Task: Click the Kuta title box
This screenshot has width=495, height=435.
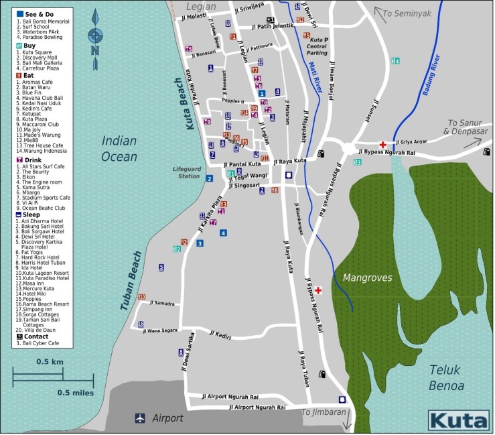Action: coord(458,420)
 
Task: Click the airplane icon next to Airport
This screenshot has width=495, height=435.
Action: coord(140,418)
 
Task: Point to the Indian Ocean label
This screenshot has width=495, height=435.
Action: coord(119,149)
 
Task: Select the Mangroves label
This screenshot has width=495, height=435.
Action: coord(366,277)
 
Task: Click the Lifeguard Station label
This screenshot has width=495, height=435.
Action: coord(186,172)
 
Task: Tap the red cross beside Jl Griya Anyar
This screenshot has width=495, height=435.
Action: coord(382,144)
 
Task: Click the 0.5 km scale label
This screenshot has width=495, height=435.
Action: coord(50,362)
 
